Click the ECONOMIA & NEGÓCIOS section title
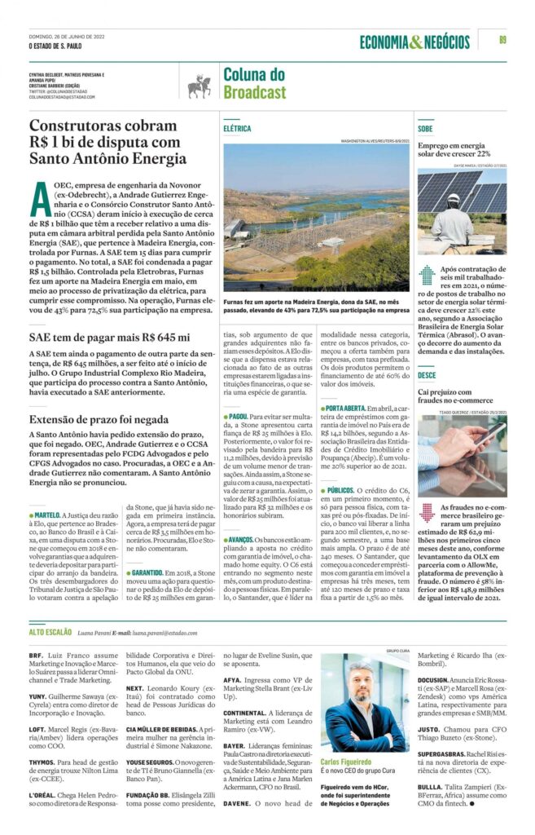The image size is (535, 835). click(414, 42)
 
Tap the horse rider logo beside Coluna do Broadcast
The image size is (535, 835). click(199, 84)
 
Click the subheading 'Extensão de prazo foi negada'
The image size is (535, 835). click(100, 419)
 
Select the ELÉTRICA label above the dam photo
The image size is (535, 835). click(238, 129)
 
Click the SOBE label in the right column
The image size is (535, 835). click(425, 129)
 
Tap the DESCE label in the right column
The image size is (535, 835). click(427, 374)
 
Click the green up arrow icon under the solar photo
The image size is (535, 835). click(427, 275)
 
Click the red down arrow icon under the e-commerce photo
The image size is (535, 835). click(427, 514)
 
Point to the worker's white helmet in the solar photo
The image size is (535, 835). click(454, 198)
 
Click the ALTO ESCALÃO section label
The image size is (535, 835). click(49, 632)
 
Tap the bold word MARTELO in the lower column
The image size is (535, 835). click(47, 493)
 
